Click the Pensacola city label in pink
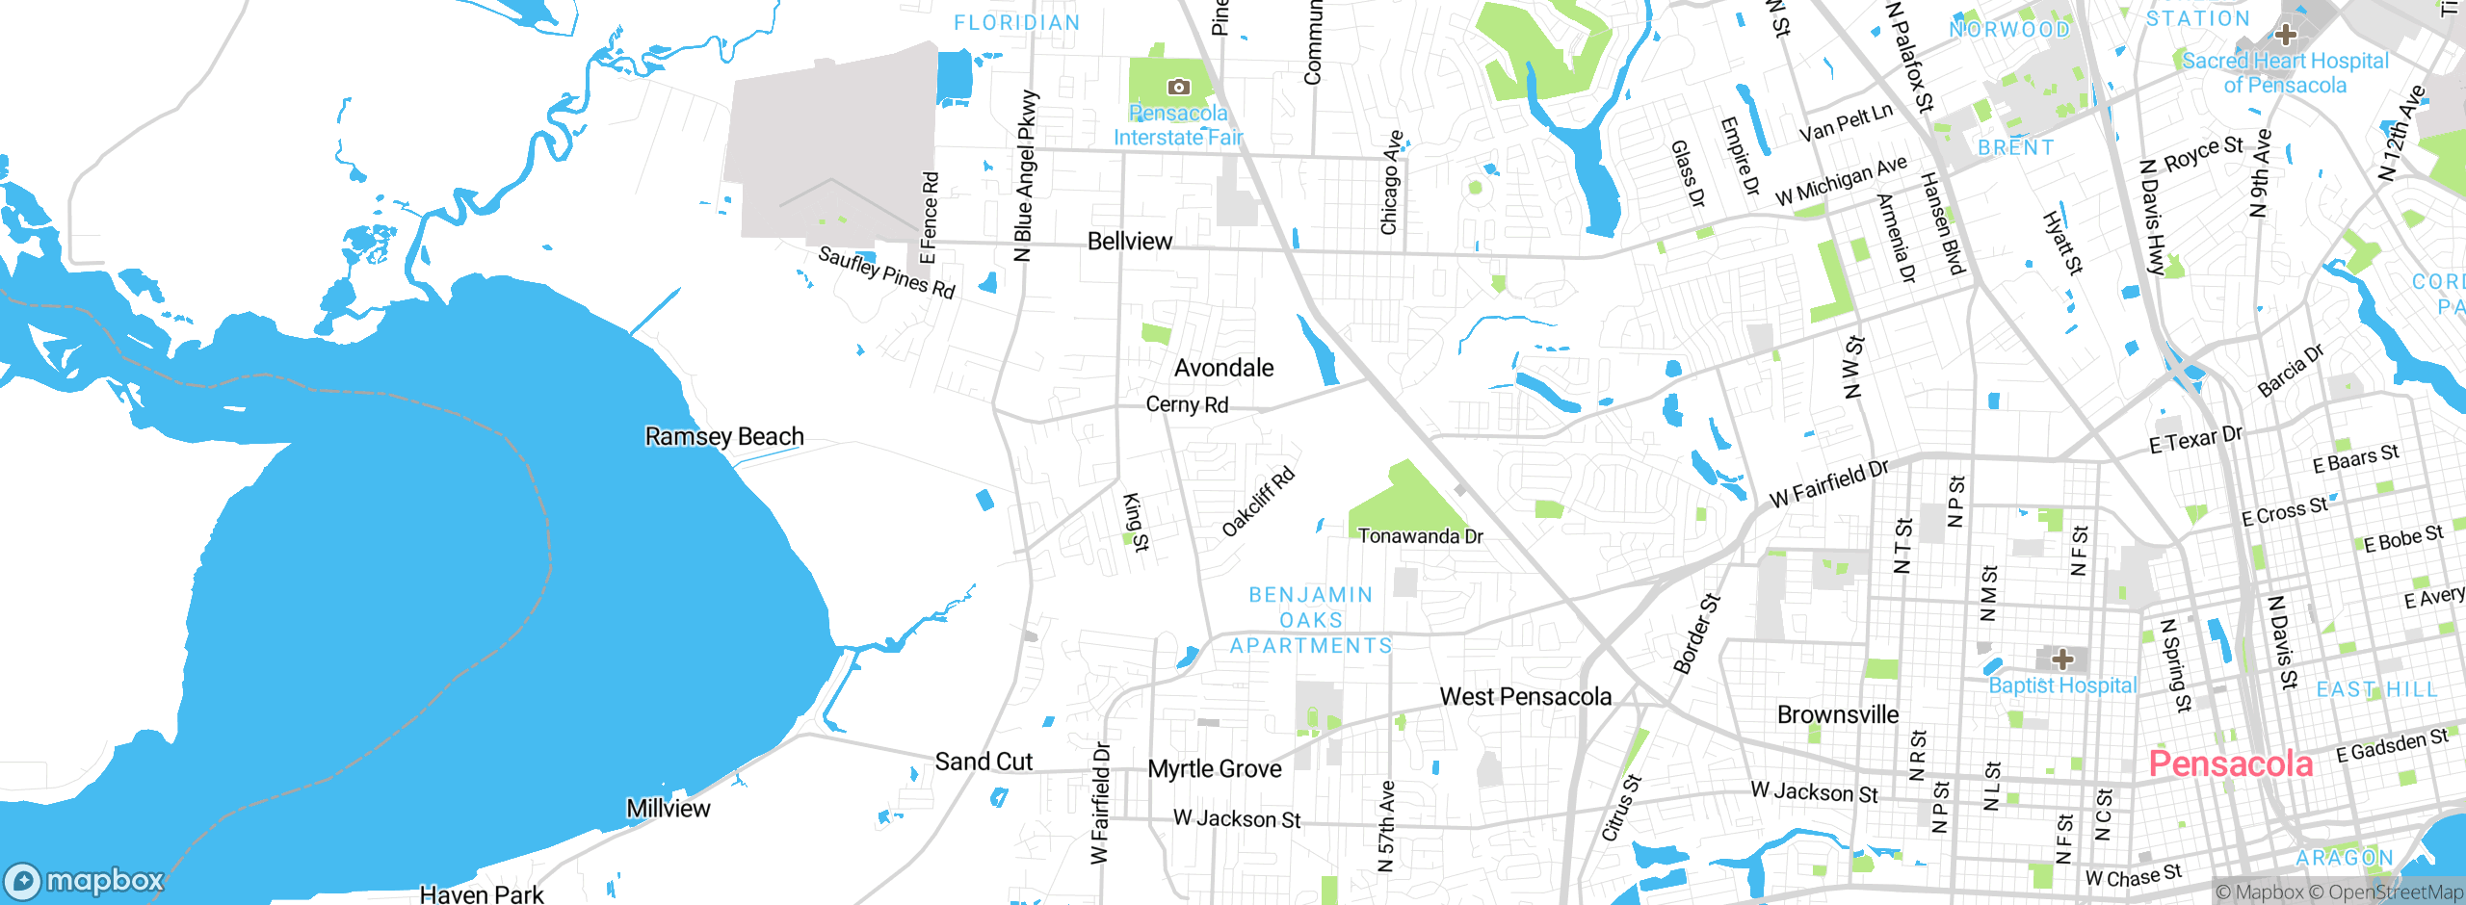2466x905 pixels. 2230,763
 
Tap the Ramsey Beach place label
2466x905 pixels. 723,436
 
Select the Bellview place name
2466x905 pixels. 1130,241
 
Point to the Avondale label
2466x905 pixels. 1223,368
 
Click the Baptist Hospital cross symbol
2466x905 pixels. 2062,659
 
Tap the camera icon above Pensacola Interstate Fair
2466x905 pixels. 1178,88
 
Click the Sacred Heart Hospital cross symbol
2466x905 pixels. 2285,36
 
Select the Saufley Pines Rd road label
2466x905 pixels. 886,272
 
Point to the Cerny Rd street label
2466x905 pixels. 1187,404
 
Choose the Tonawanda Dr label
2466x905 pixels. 1420,536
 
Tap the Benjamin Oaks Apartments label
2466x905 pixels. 1311,620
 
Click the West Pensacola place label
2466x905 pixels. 1525,696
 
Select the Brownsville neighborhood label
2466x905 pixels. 1838,714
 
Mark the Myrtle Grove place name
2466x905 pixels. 1214,769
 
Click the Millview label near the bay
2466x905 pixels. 668,809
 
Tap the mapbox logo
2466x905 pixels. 85,880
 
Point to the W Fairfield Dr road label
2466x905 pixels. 1829,484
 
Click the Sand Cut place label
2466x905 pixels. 984,762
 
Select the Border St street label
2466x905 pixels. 1696,633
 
